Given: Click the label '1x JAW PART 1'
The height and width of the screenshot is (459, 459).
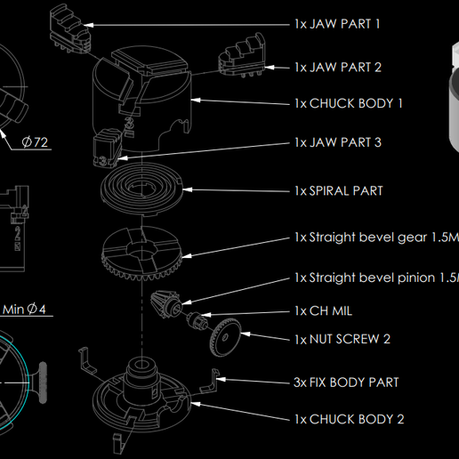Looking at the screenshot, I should point(337,24).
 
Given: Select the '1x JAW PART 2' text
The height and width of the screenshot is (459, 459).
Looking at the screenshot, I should point(337,68).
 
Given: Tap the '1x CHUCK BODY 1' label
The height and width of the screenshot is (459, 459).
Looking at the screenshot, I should point(348,103).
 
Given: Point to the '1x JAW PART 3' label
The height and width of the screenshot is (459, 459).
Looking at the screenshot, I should point(337,143).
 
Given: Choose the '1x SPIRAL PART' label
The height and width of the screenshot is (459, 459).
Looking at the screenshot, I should point(338,191).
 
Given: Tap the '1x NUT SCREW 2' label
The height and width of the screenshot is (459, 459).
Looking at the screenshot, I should point(342,339).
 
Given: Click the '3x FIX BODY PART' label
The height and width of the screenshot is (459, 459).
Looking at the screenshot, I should point(345,382).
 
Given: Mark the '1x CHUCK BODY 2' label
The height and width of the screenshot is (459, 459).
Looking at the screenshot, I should point(348,419).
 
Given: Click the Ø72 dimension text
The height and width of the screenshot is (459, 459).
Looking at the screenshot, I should point(34,141).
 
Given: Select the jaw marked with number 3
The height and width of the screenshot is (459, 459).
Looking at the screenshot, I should point(107,149).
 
